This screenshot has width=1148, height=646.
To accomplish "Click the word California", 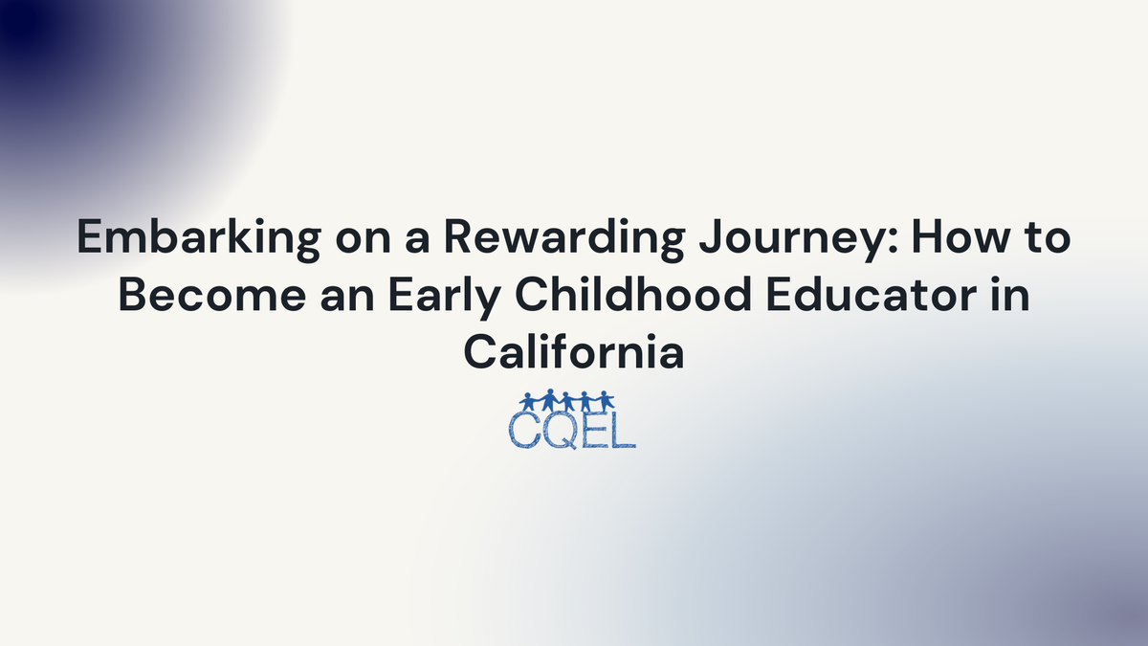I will (x=574, y=352).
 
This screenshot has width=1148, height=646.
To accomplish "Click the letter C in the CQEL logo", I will (x=524, y=430).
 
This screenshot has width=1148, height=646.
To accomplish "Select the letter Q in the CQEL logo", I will (x=561, y=431).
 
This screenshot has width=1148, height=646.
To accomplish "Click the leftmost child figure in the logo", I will (x=529, y=400).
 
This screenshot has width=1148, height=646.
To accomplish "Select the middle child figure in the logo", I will (x=568, y=400).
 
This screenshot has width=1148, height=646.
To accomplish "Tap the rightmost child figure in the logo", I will (x=605, y=400).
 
